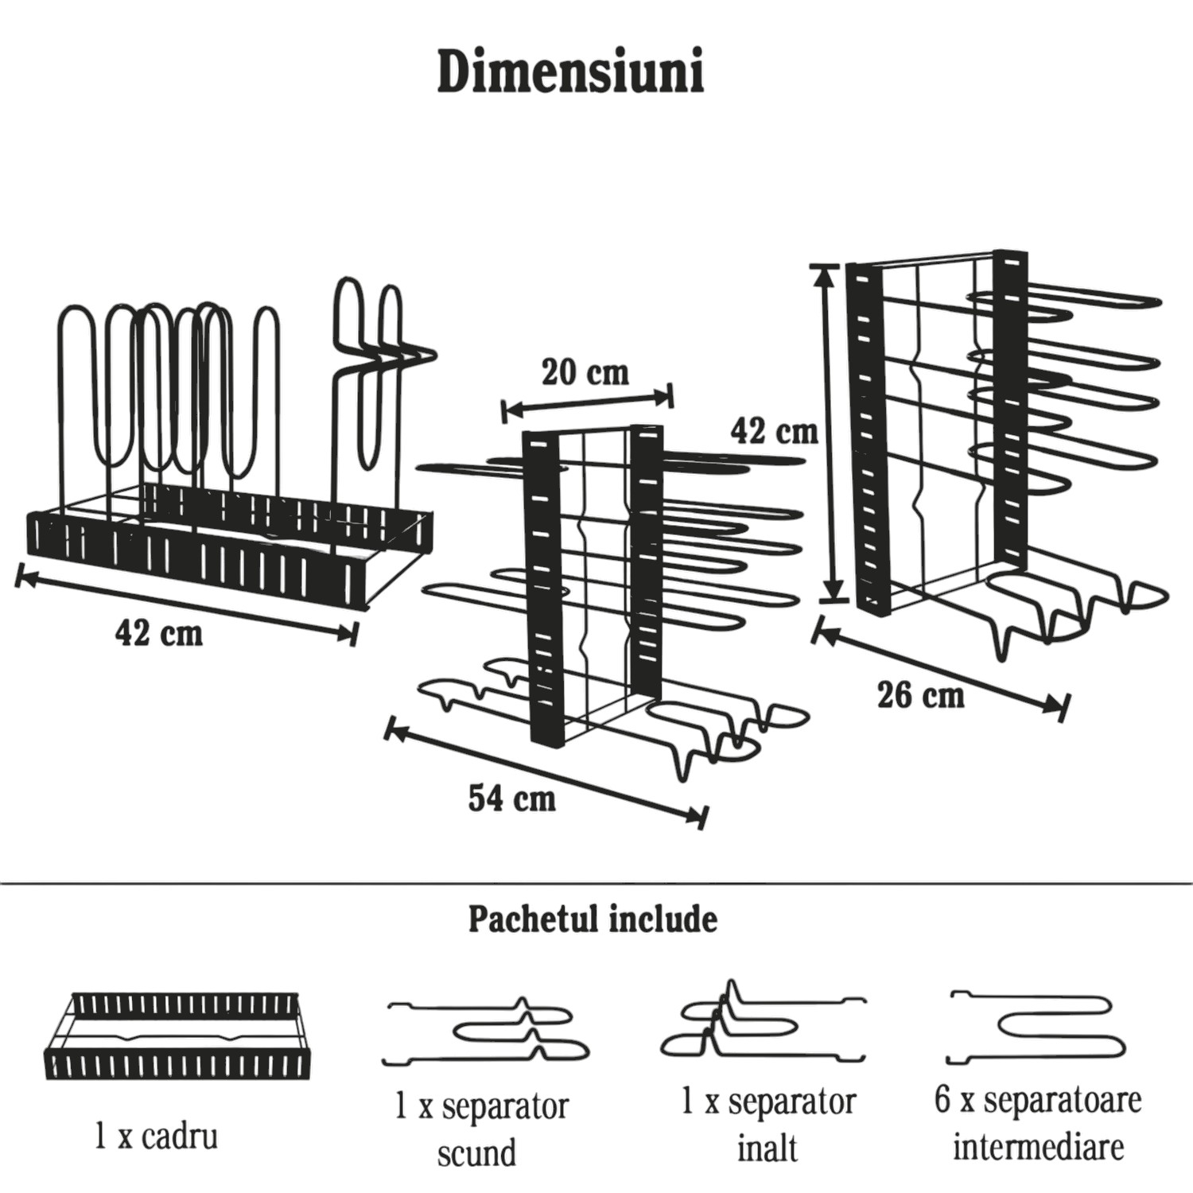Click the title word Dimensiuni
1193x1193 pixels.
(570, 74)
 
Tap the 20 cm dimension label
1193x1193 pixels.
(585, 372)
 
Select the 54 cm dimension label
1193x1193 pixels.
(511, 798)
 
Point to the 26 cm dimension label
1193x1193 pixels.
(921, 695)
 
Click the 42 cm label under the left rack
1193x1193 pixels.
(158, 633)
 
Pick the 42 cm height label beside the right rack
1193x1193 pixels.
(774, 431)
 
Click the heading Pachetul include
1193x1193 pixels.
(593, 919)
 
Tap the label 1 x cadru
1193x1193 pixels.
(156, 1137)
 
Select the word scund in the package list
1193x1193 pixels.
(476, 1152)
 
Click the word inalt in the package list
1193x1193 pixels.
(767, 1148)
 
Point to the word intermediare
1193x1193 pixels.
(1038, 1147)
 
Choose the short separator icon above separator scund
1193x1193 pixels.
(485, 1032)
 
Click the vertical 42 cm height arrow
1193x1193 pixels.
(830, 433)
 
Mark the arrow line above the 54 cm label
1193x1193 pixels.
(546, 771)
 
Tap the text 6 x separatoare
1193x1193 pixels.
(1038, 1102)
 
